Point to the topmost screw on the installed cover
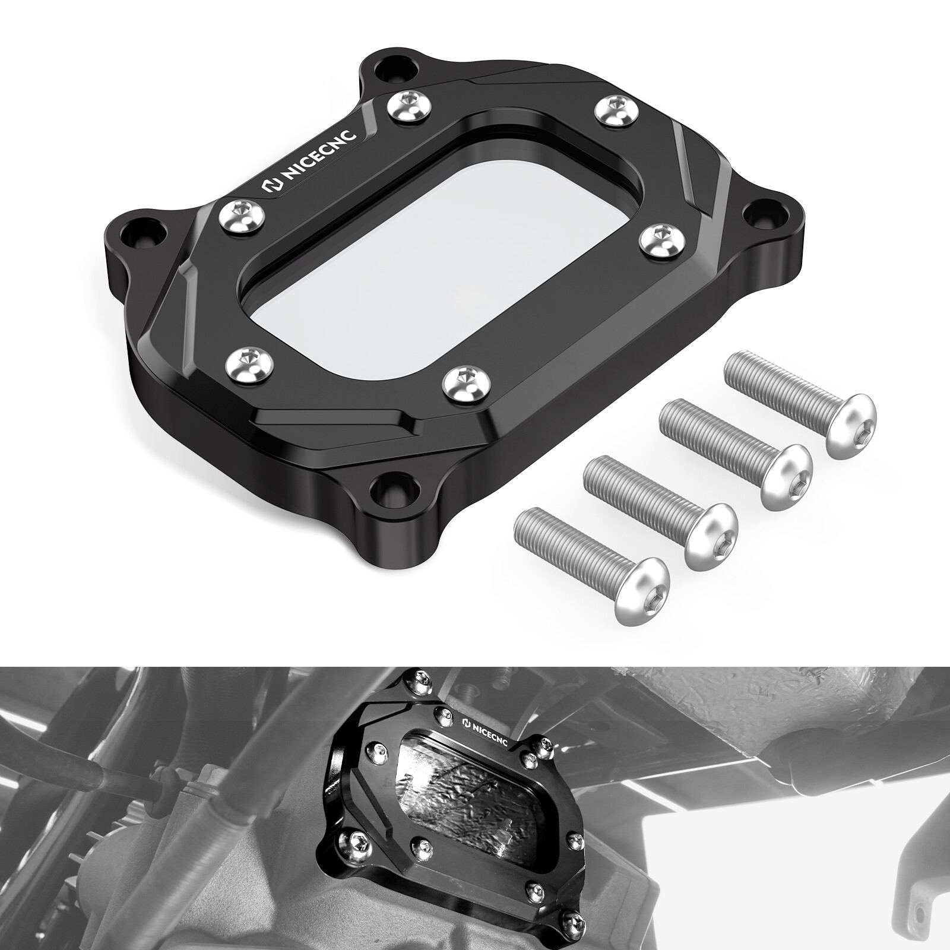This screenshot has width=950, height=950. pyautogui.click(x=422, y=677)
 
